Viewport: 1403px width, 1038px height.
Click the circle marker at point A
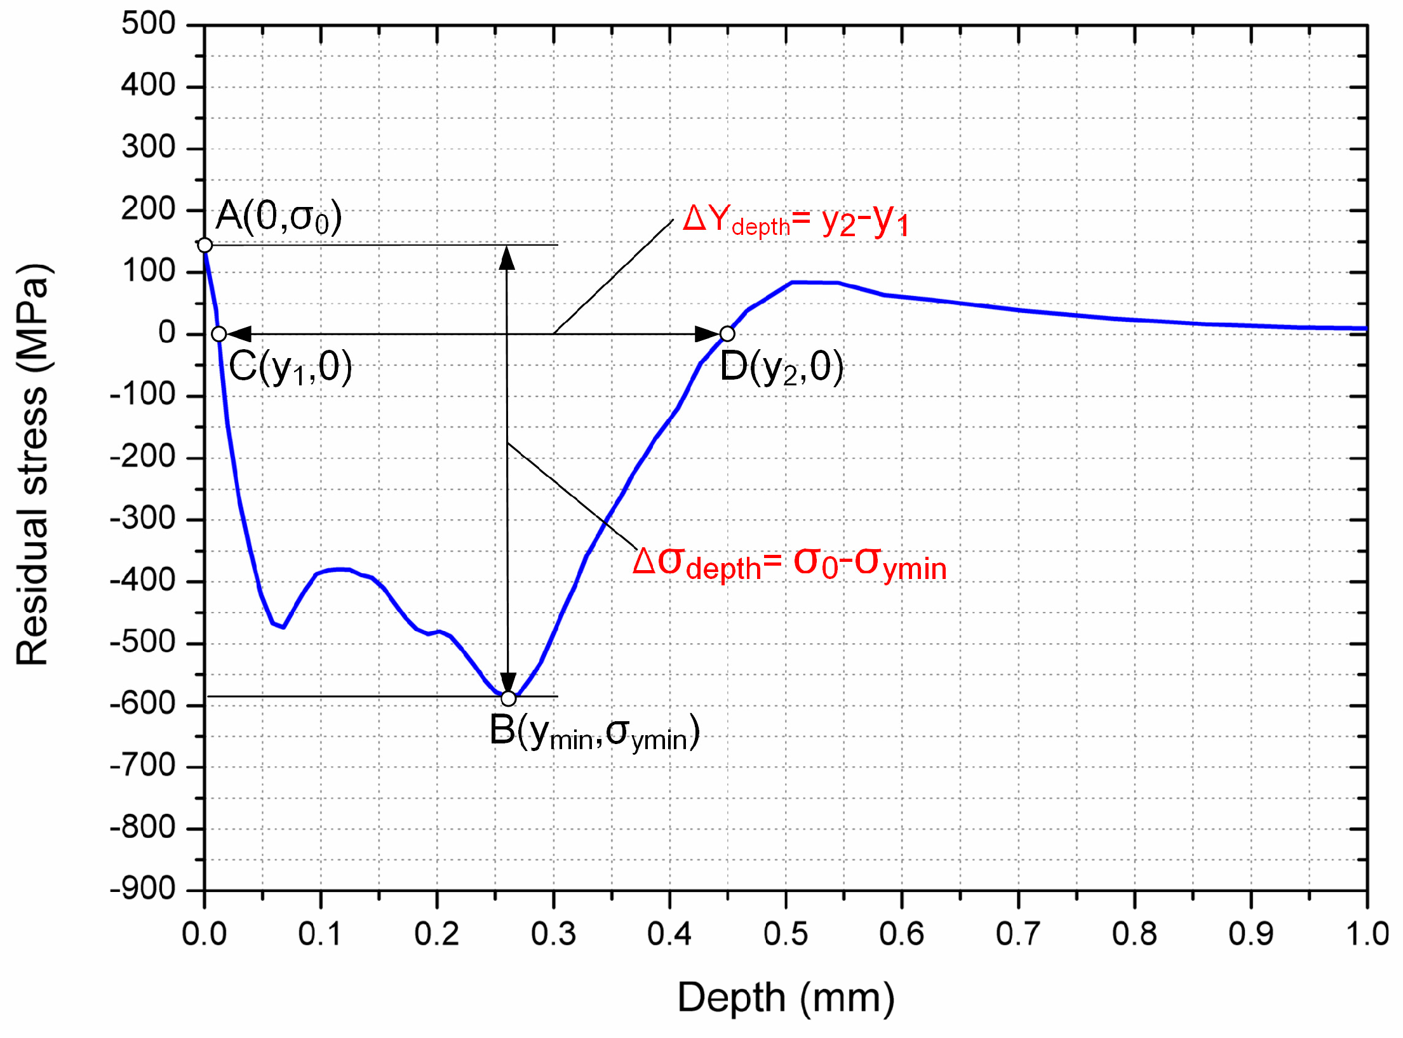pos(205,245)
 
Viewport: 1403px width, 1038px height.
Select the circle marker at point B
pos(508,698)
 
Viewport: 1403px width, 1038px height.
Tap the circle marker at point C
pos(218,334)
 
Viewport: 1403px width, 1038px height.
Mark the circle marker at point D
pos(727,333)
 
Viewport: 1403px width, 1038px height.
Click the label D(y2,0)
pos(781,367)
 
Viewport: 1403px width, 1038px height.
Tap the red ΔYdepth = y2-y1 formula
pos(795,220)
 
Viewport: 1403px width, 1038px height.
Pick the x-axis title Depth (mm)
pos(786,997)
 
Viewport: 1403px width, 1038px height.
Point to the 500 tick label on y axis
pos(148,24)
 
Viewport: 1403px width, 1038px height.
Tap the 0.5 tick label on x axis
pos(786,935)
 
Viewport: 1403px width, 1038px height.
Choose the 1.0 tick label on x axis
pos(1367,935)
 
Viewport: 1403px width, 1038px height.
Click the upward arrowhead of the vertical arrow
pos(507,258)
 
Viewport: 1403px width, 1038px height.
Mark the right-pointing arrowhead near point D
pos(707,334)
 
